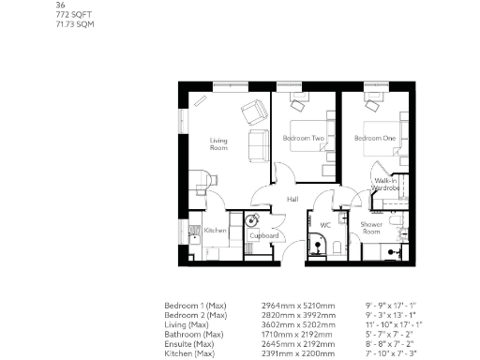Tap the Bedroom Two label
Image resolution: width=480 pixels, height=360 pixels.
tap(303, 139)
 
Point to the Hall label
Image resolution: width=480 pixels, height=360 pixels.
tap(292, 200)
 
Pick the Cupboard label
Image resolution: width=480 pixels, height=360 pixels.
tap(265, 235)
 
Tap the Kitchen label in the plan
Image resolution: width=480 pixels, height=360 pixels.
tap(216, 231)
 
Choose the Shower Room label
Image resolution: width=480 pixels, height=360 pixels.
tap(371, 228)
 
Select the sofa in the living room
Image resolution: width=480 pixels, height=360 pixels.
tap(254, 145)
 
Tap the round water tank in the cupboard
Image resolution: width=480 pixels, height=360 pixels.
tap(251, 221)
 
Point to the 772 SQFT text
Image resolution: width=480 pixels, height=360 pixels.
tap(73, 15)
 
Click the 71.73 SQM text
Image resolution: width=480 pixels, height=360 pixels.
tap(75, 24)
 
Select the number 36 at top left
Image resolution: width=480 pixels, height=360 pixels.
tap(62, 6)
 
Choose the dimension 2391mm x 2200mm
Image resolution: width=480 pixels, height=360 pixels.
tap(296, 353)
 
